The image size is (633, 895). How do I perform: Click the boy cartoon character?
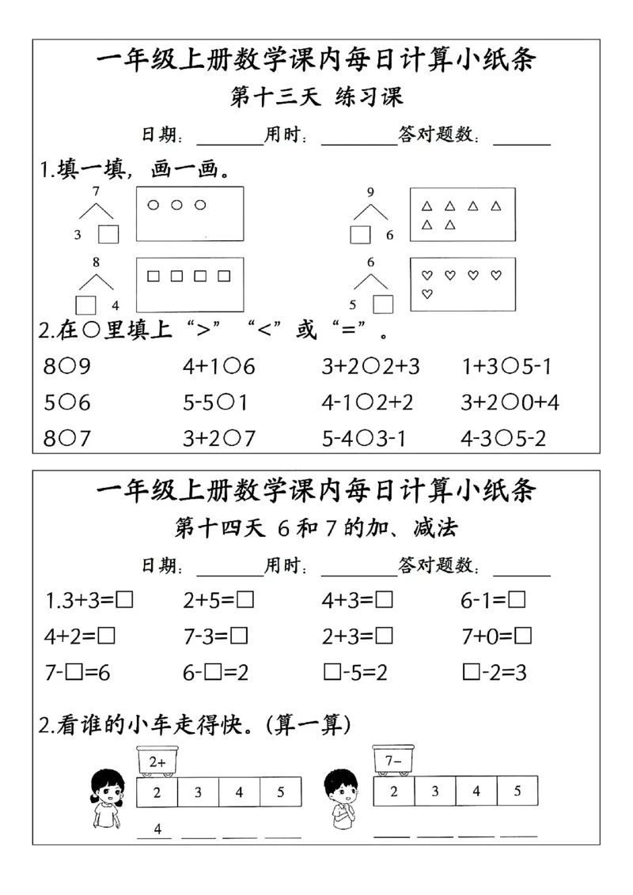(x=341, y=799)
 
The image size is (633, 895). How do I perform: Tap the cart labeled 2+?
(x=157, y=761)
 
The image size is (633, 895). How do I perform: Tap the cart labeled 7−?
(x=393, y=760)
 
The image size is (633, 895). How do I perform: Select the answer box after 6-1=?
(x=517, y=601)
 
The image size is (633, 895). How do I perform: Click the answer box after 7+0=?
(x=523, y=636)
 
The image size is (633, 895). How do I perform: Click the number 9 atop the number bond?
(x=370, y=191)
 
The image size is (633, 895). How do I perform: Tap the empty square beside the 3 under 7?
(x=108, y=235)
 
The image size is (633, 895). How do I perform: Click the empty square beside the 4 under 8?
(x=85, y=305)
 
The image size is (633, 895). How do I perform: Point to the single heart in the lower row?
(x=427, y=295)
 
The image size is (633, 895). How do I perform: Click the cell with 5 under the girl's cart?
(x=281, y=792)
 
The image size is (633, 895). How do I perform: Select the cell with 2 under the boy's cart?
(x=393, y=791)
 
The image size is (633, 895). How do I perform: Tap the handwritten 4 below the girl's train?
(x=157, y=829)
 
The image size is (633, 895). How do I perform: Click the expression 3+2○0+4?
(x=510, y=402)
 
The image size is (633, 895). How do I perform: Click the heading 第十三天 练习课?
(x=316, y=97)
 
